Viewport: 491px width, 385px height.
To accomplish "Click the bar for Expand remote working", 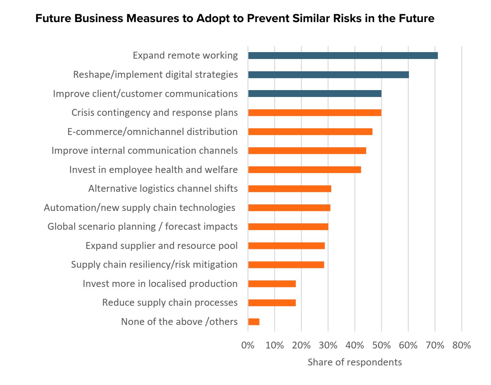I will point(343,55).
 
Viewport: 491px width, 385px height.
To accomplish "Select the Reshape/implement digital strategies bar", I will point(328,75).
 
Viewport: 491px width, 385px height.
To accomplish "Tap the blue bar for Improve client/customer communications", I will point(315,94).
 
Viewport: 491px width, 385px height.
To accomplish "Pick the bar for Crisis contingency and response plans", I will point(315,113).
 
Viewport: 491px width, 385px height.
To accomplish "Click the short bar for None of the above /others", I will point(254,322).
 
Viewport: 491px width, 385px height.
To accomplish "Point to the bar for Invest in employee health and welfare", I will point(304,170).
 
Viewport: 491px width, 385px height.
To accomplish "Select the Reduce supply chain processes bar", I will point(272,303).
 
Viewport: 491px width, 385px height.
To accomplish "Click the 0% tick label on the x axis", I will point(248,345).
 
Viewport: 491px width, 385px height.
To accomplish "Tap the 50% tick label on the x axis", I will point(381,345).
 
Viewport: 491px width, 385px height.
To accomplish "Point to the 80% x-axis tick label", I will point(461,345).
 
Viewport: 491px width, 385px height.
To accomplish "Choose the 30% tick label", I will point(328,345).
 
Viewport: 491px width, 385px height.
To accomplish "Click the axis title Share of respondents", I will point(354,362).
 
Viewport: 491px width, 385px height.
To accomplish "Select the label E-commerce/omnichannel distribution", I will point(152,132).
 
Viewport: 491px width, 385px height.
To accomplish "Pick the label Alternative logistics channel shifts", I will point(163,189).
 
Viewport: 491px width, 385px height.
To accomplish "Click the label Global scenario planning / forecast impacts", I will point(142,227).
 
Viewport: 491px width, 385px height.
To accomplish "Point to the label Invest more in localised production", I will point(160,284).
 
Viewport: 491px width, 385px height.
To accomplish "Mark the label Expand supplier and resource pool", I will point(161,246).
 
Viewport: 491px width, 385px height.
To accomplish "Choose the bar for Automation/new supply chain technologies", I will point(289,208).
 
